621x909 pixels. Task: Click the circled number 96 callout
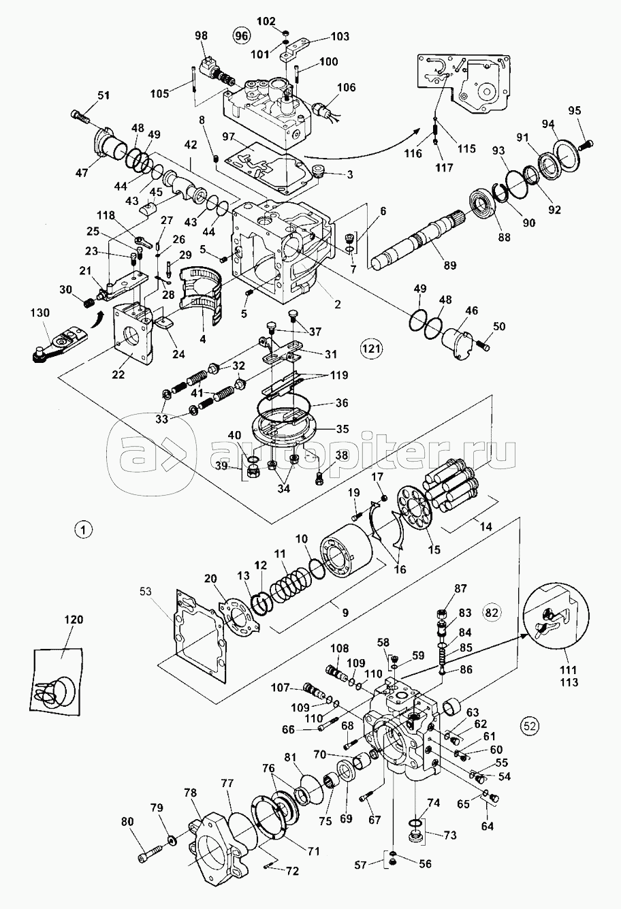pos(242,36)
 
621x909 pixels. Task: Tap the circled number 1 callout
pos(83,530)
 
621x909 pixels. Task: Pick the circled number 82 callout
pos(492,613)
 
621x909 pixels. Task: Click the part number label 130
pos(40,313)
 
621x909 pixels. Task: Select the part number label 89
pos(449,266)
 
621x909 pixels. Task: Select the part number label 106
pos(346,87)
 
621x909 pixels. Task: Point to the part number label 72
pos(292,871)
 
